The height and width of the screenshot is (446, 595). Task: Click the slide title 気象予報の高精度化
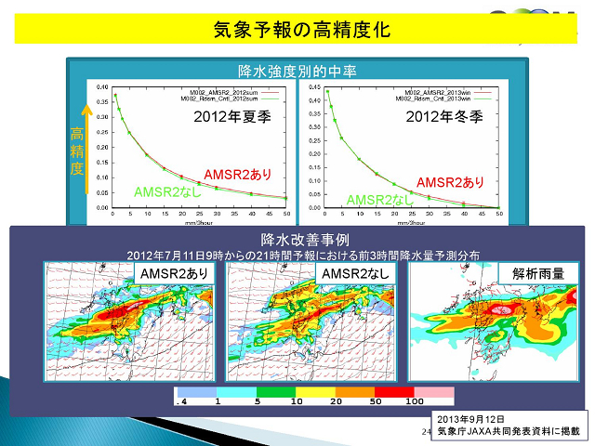(297, 31)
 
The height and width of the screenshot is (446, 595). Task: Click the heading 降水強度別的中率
(297, 71)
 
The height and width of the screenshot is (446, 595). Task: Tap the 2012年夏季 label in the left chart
(231, 118)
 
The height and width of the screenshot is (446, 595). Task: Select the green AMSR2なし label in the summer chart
(167, 191)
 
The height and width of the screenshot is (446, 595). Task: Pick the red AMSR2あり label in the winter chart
(451, 182)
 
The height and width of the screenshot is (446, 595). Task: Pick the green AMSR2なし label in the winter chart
(379, 200)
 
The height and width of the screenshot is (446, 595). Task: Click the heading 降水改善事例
(297, 240)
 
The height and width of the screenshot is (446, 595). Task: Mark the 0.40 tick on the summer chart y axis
(102, 84)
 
